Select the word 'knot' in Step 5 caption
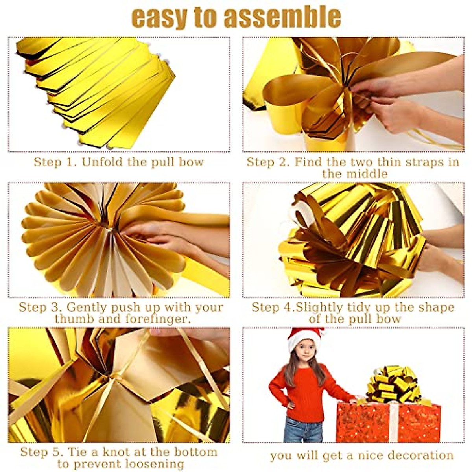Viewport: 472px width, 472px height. click(x=116, y=452)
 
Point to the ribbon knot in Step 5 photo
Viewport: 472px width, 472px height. click(x=118, y=378)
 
